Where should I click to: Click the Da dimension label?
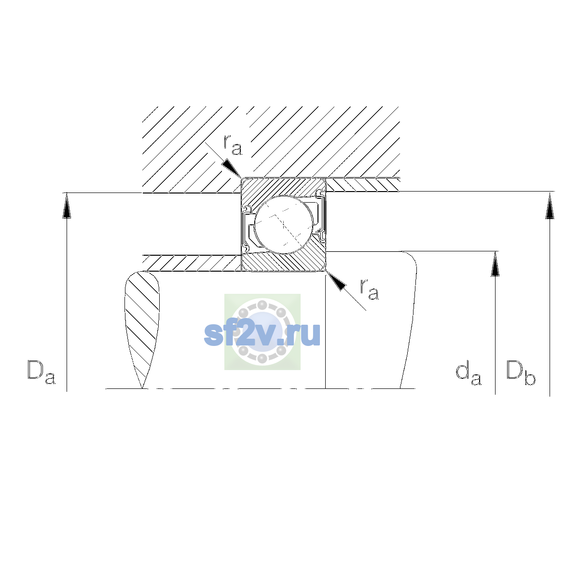41,372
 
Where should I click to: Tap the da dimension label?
469,373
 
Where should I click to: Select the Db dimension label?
521,372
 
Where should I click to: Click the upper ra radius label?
233,145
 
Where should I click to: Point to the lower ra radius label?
370,289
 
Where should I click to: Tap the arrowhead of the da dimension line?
495,264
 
